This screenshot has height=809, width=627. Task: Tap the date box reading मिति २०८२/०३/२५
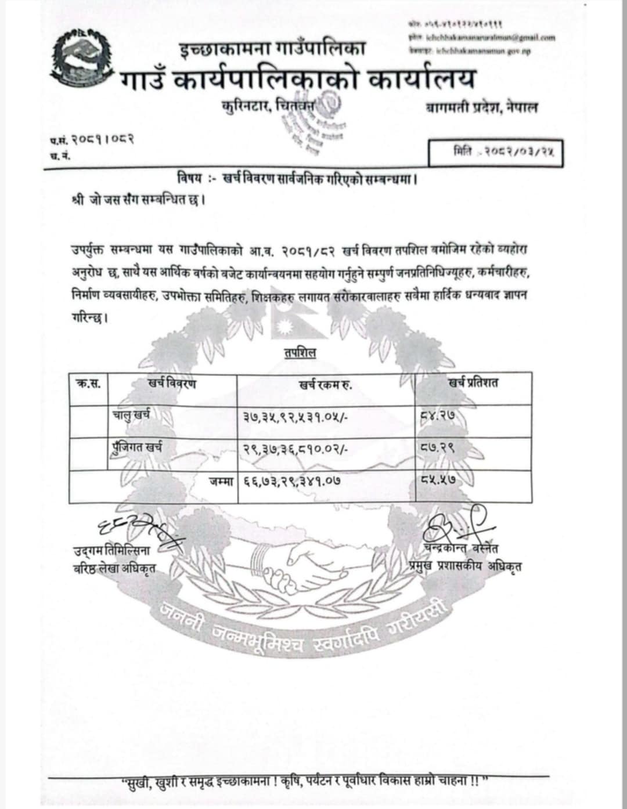495,153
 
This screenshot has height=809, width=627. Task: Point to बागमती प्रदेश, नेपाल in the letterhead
481,107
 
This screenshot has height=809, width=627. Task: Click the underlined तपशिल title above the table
300,352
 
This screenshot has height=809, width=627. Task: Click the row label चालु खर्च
132,415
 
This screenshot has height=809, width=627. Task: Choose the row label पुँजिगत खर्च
137,447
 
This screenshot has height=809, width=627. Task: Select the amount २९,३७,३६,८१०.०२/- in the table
295,448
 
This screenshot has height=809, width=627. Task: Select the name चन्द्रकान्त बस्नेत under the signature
461,548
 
